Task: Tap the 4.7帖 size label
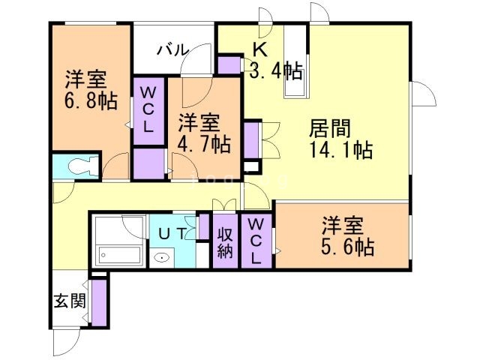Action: [x=203, y=142]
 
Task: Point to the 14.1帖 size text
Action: [x=341, y=150]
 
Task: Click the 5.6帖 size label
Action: [x=344, y=245]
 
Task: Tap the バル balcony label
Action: [x=172, y=50]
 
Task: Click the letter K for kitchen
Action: [x=259, y=49]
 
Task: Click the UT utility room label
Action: [x=172, y=233]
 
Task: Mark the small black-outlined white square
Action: [x=251, y=166]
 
